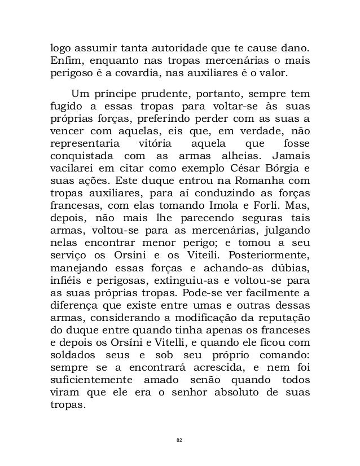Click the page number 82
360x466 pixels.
click(x=179, y=438)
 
